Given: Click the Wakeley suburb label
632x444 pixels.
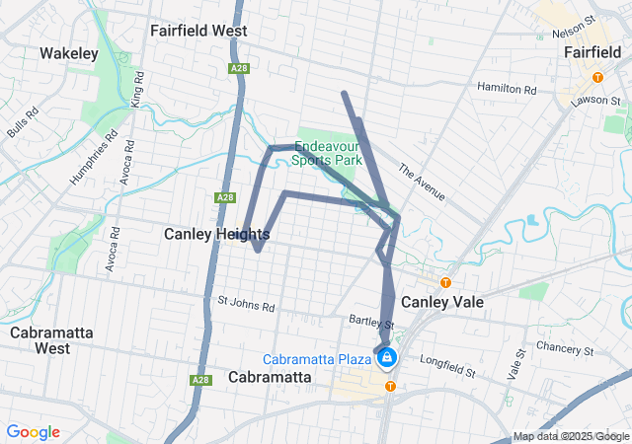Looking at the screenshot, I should [68, 53].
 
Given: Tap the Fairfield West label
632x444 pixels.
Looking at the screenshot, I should [198, 31].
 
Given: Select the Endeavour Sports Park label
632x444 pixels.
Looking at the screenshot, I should [329, 152].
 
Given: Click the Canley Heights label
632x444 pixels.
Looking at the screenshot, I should [216, 234].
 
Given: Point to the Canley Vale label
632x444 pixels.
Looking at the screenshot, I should [443, 301].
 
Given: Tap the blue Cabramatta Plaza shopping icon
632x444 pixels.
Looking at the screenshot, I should [387, 356].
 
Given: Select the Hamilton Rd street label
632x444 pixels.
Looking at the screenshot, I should [506, 89].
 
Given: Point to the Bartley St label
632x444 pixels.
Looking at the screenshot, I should [372, 322].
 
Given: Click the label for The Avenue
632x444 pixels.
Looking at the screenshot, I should [422, 183].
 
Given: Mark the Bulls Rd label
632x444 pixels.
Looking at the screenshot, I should [22, 120].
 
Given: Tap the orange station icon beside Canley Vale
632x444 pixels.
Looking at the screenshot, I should [445, 282].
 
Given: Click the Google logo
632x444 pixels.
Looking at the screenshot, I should [34, 432].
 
